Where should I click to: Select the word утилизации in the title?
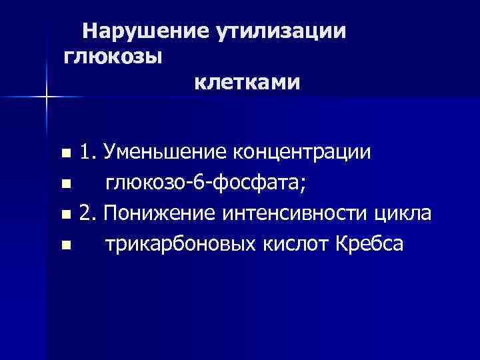pyautogui.click(x=279, y=31)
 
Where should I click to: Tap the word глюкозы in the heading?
pyautogui.click(x=113, y=57)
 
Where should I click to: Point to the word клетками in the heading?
pyautogui.click(x=247, y=83)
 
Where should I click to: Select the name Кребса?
pyautogui.click(x=367, y=245)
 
